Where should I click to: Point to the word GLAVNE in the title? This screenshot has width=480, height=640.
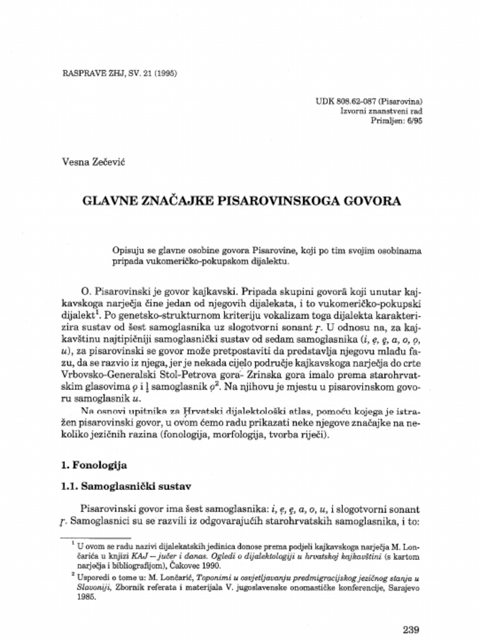coord(107,201)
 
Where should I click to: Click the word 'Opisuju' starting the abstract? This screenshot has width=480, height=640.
coord(128,250)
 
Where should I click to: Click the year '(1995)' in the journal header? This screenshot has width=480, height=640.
coord(164,73)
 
